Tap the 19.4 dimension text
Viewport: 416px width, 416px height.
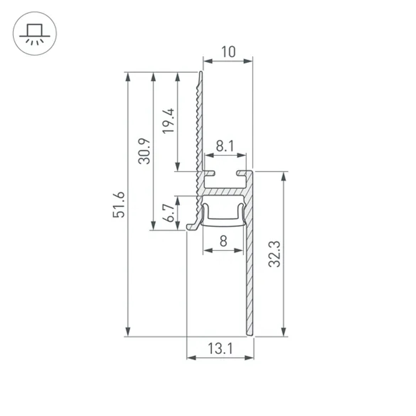tap(168, 121)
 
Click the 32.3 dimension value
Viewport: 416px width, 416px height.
tap(274, 254)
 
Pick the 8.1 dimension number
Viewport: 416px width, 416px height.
tap(225, 146)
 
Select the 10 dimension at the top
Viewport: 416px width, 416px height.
tap(228, 52)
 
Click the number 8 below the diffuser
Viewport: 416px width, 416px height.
tap(223, 241)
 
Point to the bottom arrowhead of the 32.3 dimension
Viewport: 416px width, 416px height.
tap(284, 332)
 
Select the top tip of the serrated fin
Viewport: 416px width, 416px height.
tap(201, 73)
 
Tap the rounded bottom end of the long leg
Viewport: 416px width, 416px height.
tap(249, 334)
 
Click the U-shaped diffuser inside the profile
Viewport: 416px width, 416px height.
tap(223, 220)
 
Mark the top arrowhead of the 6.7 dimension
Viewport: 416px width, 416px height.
tap(178, 200)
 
